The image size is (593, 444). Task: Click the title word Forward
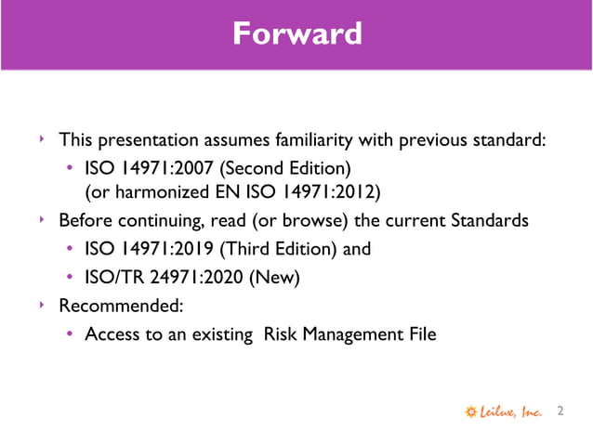296,35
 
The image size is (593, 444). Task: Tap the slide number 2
560,411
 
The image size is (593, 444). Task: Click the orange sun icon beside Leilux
471,411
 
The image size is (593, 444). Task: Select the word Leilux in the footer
501,411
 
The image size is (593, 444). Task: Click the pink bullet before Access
71,333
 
